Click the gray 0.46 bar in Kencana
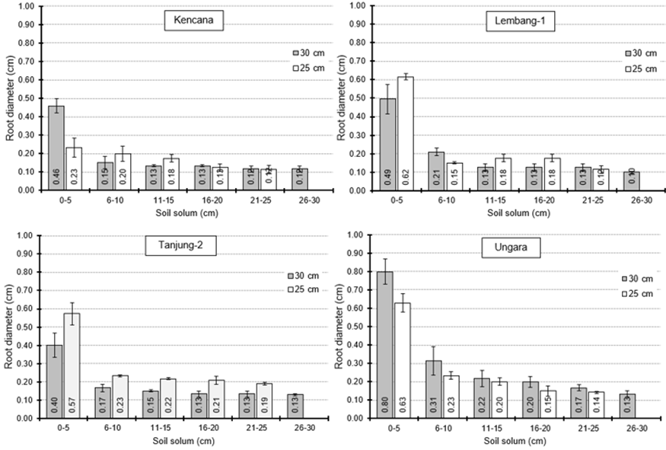(56, 148)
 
